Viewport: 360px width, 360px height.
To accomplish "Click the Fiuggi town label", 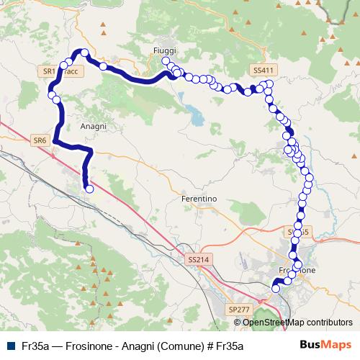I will [164, 50].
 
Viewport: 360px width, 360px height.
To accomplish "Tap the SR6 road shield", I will [40, 140].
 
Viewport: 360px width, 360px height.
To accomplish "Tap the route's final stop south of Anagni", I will [90, 189].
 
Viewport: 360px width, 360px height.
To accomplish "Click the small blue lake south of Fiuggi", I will [193, 112].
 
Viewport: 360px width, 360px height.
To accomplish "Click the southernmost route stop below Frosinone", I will [275, 289].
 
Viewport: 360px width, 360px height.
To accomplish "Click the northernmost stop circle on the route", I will [84, 53].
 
